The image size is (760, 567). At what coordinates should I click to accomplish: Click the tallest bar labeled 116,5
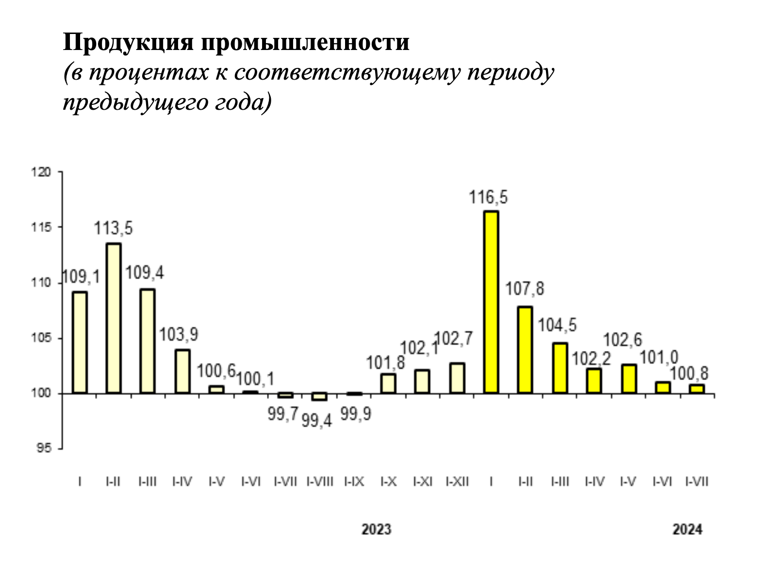(491, 302)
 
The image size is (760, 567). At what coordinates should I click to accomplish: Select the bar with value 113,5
(114, 318)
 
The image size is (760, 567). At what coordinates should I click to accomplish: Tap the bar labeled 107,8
(525, 350)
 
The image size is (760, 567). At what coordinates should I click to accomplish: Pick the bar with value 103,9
(182, 372)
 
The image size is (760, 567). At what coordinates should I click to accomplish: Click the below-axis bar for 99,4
(319, 397)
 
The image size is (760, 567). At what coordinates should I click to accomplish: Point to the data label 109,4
(145, 273)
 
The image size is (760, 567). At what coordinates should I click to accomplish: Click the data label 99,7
(283, 414)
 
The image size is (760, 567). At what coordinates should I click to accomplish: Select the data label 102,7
(453, 338)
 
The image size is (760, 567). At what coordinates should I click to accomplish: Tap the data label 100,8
(689, 373)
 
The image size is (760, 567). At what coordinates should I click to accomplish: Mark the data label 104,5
(557, 325)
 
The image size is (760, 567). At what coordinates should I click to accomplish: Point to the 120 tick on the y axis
(41, 172)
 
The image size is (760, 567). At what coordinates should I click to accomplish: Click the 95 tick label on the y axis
(44, 448)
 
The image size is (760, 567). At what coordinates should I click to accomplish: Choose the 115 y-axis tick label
(41, 227)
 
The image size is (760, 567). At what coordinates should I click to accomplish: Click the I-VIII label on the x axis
(320, 482)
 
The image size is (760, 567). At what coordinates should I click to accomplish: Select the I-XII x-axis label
(457, 482)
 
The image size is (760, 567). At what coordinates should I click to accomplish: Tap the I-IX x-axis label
(354, 482)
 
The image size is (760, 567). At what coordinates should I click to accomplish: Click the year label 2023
(377, 530)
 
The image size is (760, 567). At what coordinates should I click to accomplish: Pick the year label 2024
(687, 530)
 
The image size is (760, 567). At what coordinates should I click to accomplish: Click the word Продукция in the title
(128, 43)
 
